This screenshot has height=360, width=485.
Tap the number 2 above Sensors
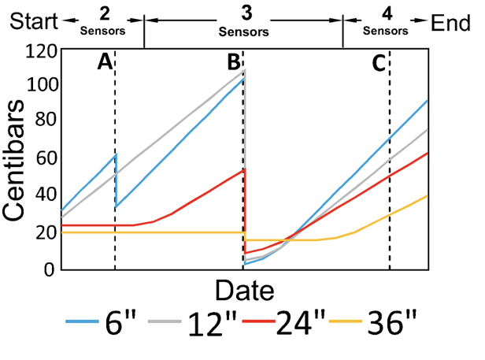pyautogui.click(x=106, y=14)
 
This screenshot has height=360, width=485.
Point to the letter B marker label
pyautogui.click(x=234, y=62)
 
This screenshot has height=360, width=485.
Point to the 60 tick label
pyautogui.click(x=45, y=158)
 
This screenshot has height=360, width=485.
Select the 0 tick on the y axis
pyautogui.click(x=50, y=269)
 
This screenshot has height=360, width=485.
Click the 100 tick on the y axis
pyautogui.click(x=39, y=85)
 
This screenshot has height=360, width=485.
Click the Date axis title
pyautogui.click(x=245, y=291)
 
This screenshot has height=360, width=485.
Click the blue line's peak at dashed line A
pyautogui.click(x=115, y=154)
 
